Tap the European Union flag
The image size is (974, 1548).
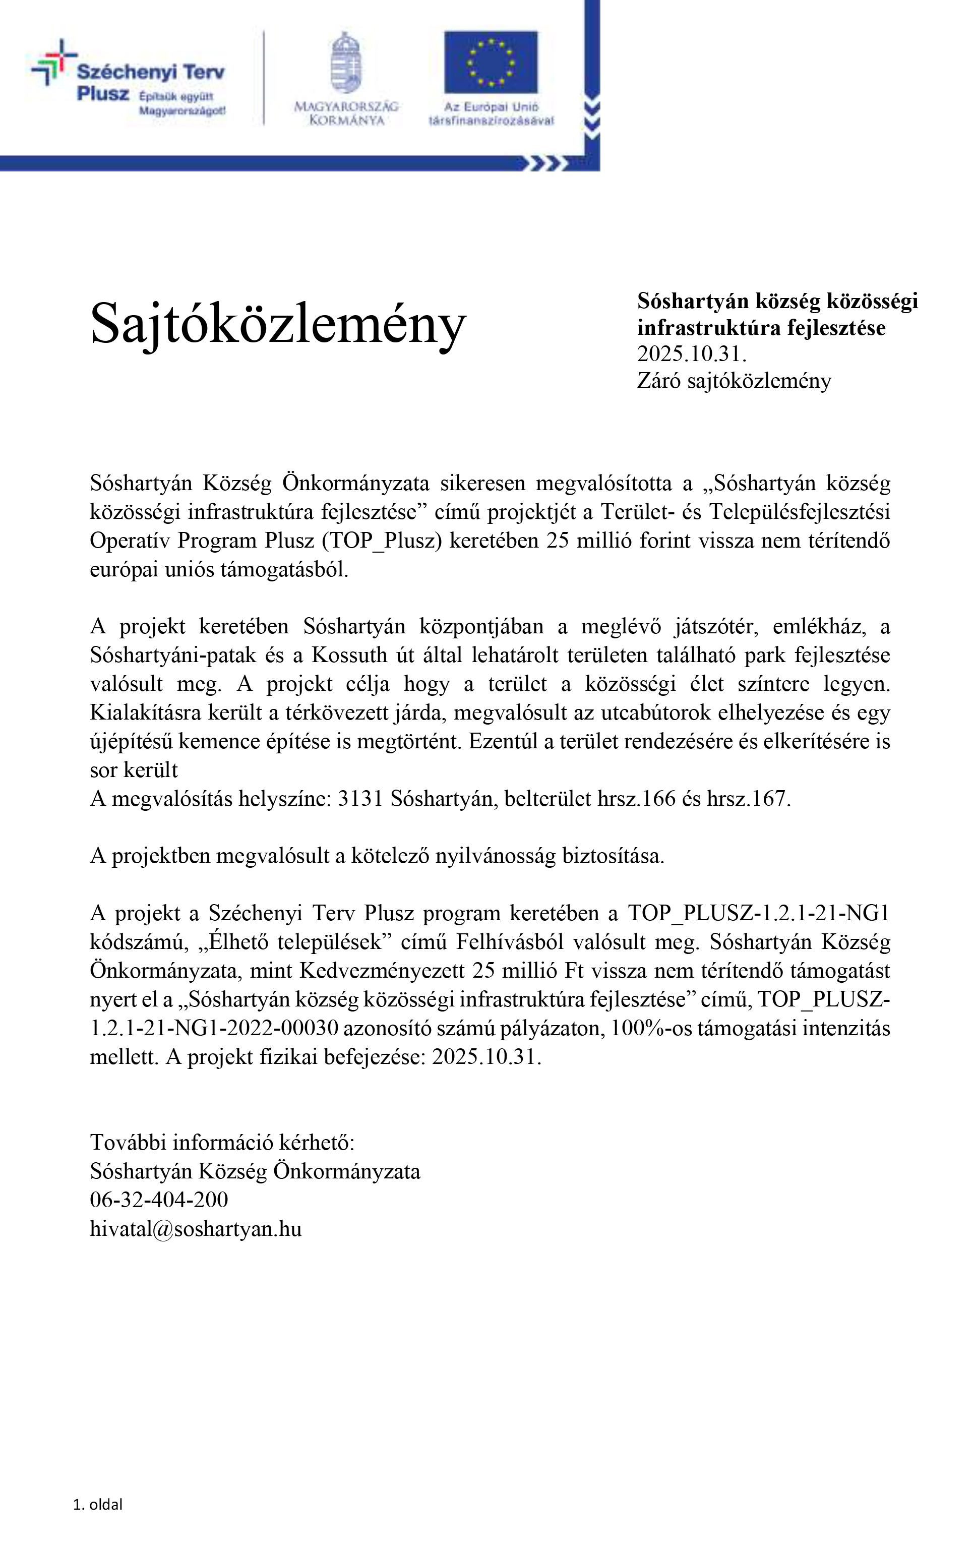pos(491,63)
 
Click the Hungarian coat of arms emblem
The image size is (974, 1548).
pos(346,63)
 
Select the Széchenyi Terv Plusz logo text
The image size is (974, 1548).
pos(150,82)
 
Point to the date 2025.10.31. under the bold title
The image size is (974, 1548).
pos(691,354)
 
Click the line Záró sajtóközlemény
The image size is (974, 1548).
pos(734,381)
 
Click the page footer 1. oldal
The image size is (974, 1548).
pos(98,1505)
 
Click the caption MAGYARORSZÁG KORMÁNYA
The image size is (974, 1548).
pos(346,113)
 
